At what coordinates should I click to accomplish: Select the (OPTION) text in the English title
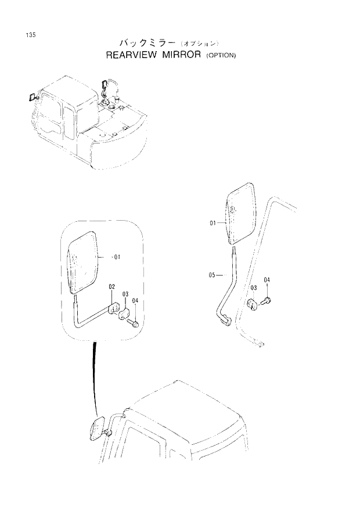[221, 56]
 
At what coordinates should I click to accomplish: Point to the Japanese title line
[168, 42]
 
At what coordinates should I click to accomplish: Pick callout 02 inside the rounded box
[111, 287]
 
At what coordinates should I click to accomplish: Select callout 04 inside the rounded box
[135, 300]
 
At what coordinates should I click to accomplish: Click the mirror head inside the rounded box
[84, 263]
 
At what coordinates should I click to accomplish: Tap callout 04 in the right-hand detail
[267, 281]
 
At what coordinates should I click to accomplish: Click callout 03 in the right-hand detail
[254, 288]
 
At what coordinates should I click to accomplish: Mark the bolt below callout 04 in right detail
[267, 301]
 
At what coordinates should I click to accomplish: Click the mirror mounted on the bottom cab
[96, 429]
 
